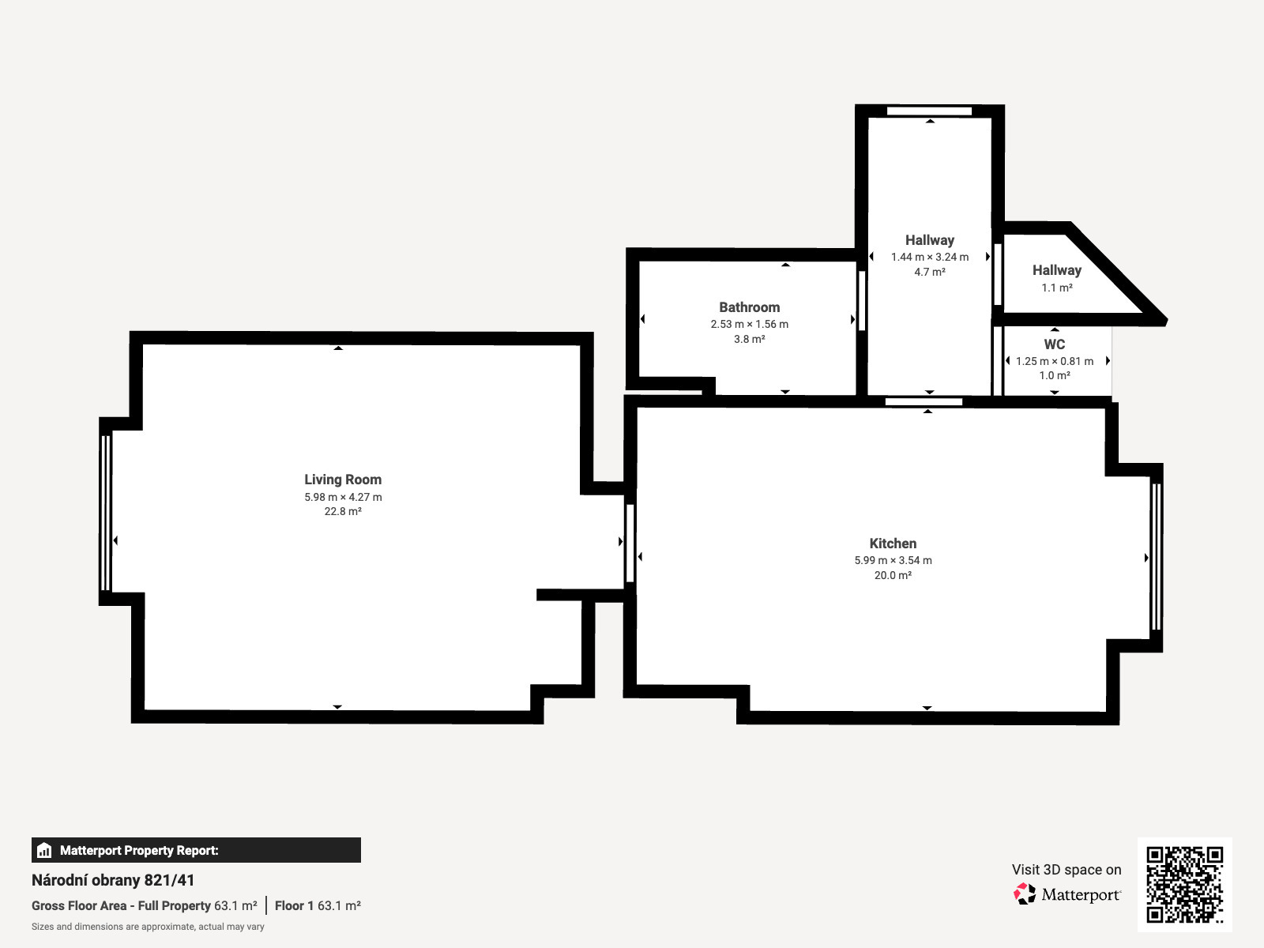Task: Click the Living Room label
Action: tap(343, 480)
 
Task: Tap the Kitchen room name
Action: tap(893, 544)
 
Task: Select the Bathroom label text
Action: tap(749, 307)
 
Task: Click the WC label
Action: tap(1055, 344)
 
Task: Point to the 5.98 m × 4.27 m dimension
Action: tap(343, 497)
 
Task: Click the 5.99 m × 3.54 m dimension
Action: tap(893, 560)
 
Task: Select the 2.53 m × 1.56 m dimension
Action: tap(749, 324)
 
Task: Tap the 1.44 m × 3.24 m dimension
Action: tap(929, 257)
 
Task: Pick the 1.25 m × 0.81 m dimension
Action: tap(1055, 361)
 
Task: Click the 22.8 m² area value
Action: tap(343, 511)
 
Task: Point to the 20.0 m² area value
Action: tap(893, 575)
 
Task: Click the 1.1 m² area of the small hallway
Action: tap(1057, 288)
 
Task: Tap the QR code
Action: tap(1184, 885)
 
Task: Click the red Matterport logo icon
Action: tap(1025, 894)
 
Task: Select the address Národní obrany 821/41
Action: tap(113, 880)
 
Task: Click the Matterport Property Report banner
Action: tap(196, 850)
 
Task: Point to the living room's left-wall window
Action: tap(105, 513)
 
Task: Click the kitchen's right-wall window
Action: tap(1156, 557)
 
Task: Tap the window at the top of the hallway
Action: tap(929, 111)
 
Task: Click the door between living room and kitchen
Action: tap(630, 543)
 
